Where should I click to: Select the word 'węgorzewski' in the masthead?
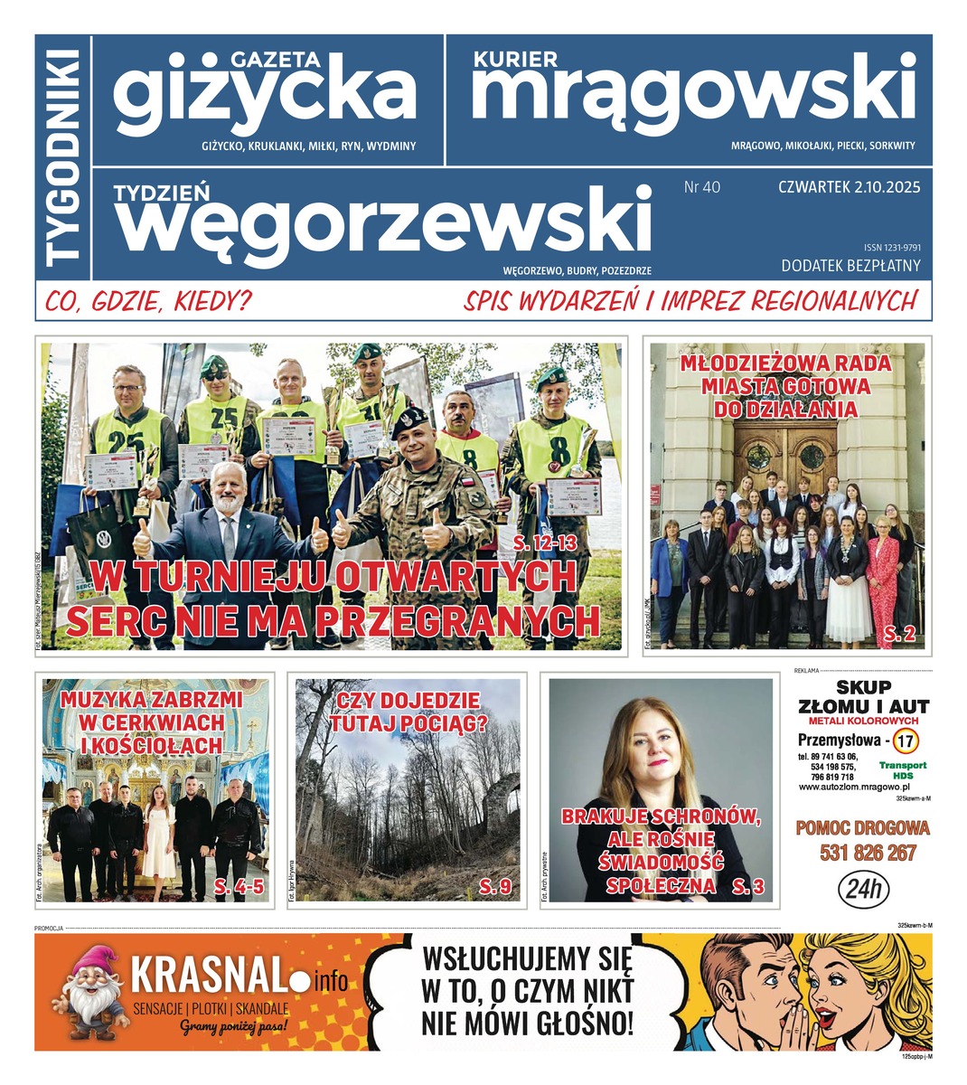(383, 221)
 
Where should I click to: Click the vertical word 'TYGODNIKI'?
(63, 158)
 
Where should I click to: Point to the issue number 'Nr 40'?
(702, 187)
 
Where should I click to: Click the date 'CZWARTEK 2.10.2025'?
(849, 187)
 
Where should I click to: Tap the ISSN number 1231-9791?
(891, 247)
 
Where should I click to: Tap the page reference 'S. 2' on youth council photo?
(899, 637)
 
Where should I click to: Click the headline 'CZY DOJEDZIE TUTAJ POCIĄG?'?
(408, 712)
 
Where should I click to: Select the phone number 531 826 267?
(868, 853)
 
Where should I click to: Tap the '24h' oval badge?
(866, 890)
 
